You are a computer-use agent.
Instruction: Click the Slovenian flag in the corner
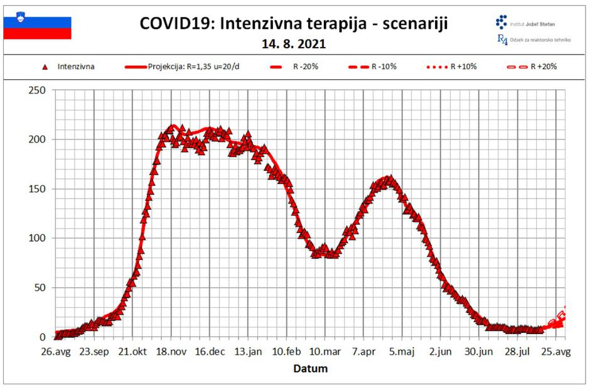pyautogui.click(x=38, y=28)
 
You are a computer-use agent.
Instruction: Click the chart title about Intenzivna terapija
pyautogui.click(x=294, y=24)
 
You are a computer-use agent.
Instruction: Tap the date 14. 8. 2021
pyautogui.click(x=294, y=45)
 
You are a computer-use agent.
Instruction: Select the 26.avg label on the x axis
pyautogui.click(x=56, y=351)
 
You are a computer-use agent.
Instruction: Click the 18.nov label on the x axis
pyautogui.click(x=171, y=351)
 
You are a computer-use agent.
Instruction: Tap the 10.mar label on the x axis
pyautogui.click(x=325, y=351)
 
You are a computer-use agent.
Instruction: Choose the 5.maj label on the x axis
pyautogui.click(x=402, y=351)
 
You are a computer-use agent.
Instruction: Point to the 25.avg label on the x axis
pyautogui.click(x=556, y=351)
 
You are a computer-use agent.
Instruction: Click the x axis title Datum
pyautogui.click(x=310, y=369)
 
